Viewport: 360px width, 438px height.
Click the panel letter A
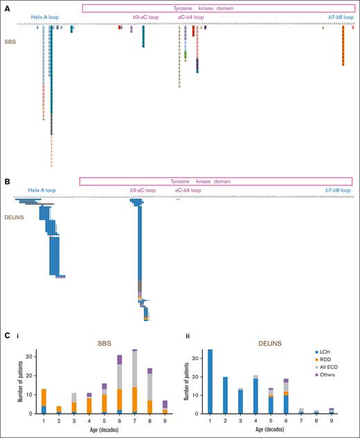tap(7, 6)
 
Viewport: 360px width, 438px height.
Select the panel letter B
tap(7, 182)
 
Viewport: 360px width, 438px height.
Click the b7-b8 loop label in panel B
tap(339, 190)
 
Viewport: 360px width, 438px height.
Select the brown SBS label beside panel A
tap(10, 42)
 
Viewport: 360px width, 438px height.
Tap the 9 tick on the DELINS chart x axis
tap(332, 419)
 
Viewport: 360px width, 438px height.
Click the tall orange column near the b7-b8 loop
tap(343, 45)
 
